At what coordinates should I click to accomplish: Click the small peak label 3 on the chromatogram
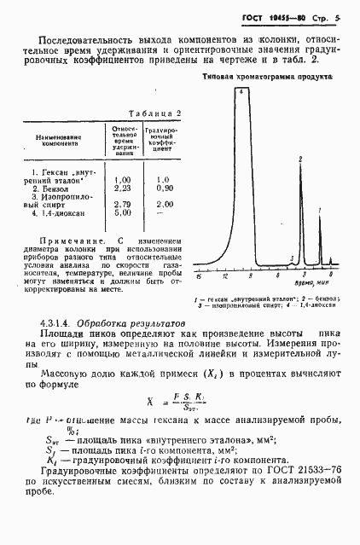tap(292, 258)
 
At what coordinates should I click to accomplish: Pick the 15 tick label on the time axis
tap(198, 277)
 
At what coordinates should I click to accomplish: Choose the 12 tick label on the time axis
tap(224, 277)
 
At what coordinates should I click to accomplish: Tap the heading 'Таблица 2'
tap(154, 113)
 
